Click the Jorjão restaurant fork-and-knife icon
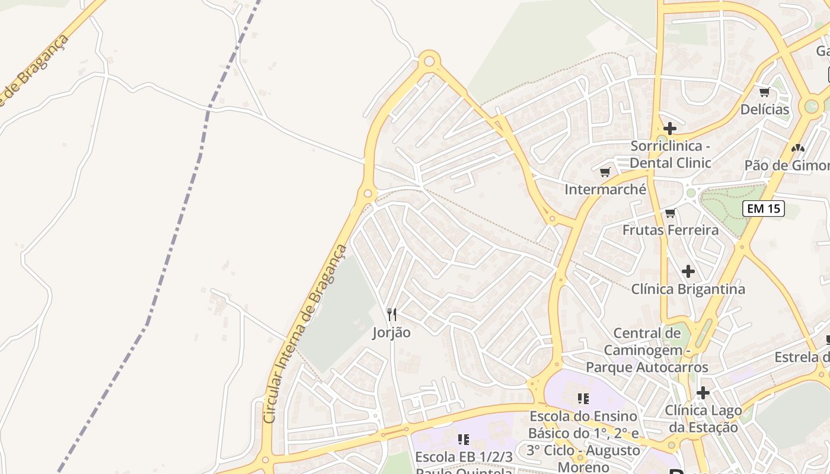[391, 315]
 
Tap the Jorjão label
[391, 332]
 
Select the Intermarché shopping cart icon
[605, 172]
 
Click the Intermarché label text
[605, 190]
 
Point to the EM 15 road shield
[764, 209]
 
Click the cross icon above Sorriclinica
[670, 129]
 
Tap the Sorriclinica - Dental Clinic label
[670, 154]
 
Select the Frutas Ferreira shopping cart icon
[670, 213]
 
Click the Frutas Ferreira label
[670, 230]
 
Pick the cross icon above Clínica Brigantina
[688, 271]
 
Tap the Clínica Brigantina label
[688, 289]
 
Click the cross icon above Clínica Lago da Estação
[703, 392]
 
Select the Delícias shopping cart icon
[764, 92]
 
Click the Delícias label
[764, 110]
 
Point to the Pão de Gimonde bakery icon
[797, 148]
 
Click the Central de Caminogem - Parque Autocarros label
[647, 350]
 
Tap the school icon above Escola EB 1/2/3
[464, 439]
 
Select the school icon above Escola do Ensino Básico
[583, 399]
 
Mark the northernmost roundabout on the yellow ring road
[429, 60]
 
